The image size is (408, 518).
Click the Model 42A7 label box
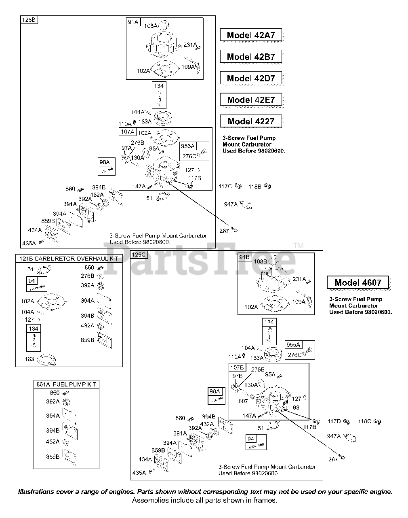click(251, 35)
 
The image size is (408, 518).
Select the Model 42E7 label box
click(251, 100)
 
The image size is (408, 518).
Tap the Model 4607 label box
click(358, 282)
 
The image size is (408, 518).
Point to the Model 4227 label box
click(251, 121)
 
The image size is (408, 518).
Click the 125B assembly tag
click(29, 19)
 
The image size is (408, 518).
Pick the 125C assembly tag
click(139, 254)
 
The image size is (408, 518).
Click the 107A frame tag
click(127, 132)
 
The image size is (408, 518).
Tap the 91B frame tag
click(244, 257)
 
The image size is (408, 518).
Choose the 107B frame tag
click(237, 367)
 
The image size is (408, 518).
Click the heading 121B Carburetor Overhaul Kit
click(68, 259)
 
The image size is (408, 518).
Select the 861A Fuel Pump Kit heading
click(67, 384)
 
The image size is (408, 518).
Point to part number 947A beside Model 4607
click(334, 436)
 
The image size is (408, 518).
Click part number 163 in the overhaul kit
click(29, 359)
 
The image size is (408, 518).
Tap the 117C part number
click(225, 187)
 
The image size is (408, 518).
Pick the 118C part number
click(364, 421)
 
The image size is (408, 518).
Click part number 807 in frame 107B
click(243, 401)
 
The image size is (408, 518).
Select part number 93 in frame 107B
click(296, 408)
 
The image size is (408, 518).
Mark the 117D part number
click(334, 421)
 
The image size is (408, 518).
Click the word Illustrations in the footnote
click(36, 492)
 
